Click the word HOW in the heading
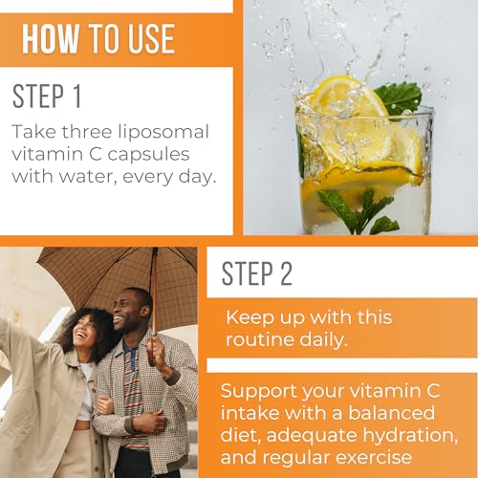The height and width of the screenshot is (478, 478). coord(51,38)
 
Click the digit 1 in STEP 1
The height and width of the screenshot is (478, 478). coord(76,96)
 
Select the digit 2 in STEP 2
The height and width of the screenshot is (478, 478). coord(286,272)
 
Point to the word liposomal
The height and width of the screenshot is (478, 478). coord(163,133)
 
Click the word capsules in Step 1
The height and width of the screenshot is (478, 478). coord(148,155)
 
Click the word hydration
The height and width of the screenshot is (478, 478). coord(410,436)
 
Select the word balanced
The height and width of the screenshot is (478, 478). coord(391,412)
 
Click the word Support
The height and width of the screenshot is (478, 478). coord(259,392)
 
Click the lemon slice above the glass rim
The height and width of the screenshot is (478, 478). coord(346,96)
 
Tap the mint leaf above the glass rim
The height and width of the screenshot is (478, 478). coord(400,98)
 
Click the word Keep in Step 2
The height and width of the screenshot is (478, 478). coord(250,317)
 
